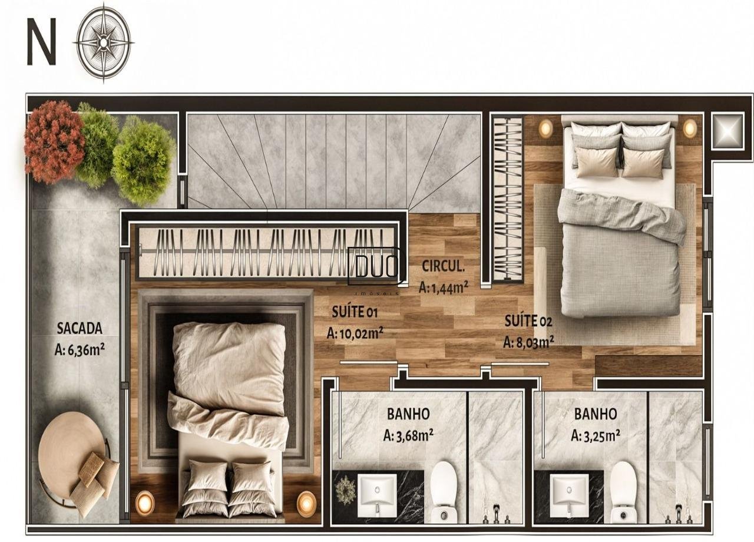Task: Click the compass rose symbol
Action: (104, 41)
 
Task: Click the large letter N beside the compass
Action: (41, 41)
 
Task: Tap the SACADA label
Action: (80, 328)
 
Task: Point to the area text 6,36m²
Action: (80, 350)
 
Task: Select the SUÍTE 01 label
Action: (355, 312)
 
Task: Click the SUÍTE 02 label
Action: (528, 321)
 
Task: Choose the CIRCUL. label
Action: (443, 266)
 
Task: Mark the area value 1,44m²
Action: (444, 287)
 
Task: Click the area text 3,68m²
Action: (408, 436)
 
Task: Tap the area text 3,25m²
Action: (596, 436)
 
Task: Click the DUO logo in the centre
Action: (374, 267)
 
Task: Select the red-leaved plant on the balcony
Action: (54, 141)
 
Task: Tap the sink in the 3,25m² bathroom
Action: (570, 491)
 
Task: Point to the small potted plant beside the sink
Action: (345, 490)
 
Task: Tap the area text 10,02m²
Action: (355, 333)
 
